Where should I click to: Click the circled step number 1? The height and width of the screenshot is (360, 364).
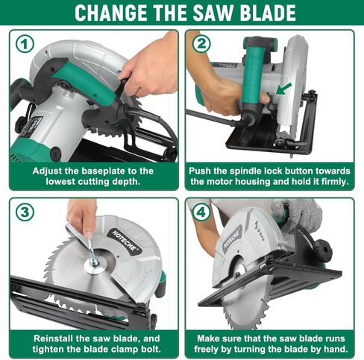pyautogui.click(x=25, y=44)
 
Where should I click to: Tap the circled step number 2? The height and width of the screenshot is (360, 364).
pyautogui.click(x=201, y=44)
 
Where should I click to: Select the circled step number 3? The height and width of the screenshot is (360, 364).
pyautogui.click(x=25, y=212)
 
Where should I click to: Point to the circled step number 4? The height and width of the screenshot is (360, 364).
pyautogui.click(x=201, y=212)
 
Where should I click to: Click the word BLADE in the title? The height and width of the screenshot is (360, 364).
pyautogui.click(x=268, y=13)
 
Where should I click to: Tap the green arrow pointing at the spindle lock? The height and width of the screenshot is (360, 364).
pyautogui.click(x=283, y=89)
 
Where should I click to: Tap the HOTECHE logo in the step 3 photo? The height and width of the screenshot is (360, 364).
pyautogui.click(x=125, y=241)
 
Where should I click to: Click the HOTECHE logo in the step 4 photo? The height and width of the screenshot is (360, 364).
pyautogui.click(x=232, y=239)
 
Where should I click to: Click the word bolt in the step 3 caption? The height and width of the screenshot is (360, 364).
pyautogui.click(x=150, y=349)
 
